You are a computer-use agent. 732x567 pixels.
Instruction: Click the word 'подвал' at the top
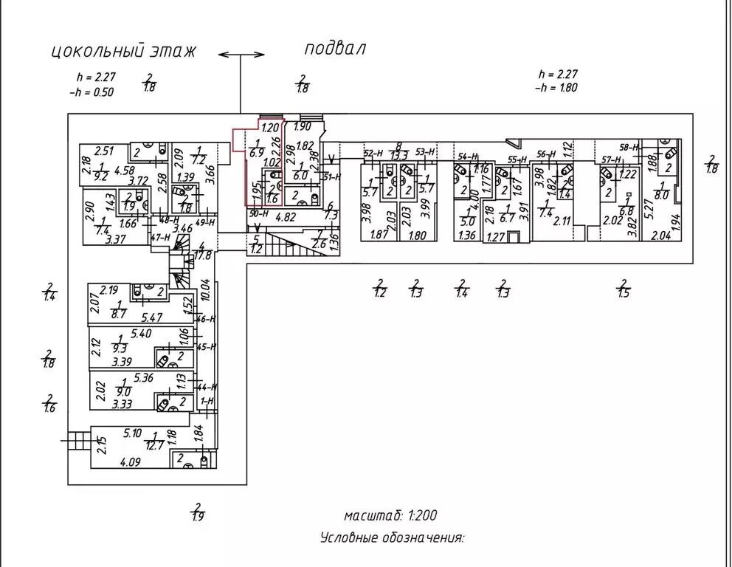tap(335, 49)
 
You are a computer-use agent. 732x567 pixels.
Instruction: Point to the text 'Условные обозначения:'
tap(392, 538)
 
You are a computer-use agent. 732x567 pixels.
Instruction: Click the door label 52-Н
tap(373, 153)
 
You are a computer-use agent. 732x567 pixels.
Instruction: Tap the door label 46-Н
tap(206, 320)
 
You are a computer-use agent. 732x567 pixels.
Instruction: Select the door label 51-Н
tap(331, 176)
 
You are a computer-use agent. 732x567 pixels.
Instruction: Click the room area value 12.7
tap(155, 444)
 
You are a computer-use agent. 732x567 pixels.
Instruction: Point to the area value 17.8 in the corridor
tap(204, 255)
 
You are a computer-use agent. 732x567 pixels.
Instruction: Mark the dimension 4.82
tap(286, 219)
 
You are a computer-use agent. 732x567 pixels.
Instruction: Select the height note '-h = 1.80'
tap(557, 87)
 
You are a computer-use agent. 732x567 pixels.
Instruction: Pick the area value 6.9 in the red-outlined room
tap(257, 154)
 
